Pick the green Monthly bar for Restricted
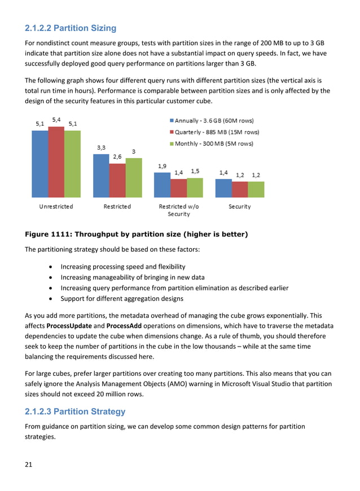(133, 178)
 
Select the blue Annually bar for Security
(223, 188)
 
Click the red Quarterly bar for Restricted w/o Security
(178, 188)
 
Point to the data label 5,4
(57, 120)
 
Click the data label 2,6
(117, 157)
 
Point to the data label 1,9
(162, 166)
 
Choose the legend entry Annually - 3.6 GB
(210, 121)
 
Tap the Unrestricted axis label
(56, 207)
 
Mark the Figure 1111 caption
(136, 234)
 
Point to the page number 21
(29, 464)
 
